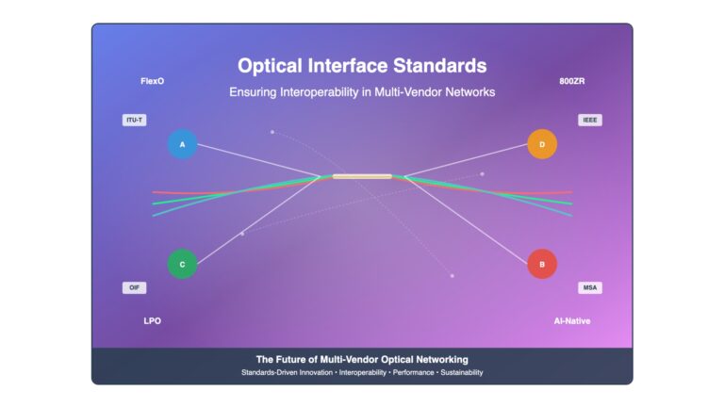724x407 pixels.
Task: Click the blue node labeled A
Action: pos(182,144)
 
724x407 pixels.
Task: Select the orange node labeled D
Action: pos(542,144)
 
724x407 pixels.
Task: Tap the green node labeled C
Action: pos(182,265)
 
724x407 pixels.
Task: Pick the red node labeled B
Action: pos(542,265)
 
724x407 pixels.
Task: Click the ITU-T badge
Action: pos(135,120)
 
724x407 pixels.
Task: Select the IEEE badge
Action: pos(590,120)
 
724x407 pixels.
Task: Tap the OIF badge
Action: pos(135,288)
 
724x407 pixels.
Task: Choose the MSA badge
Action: pos(590,288)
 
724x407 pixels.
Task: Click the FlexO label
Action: pos(153,81)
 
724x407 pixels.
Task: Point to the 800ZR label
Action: pos(572,81)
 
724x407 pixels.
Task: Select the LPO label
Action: pos(153,321)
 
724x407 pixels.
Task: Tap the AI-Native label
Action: pos(572,321)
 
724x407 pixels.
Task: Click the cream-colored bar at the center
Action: pos(362,176)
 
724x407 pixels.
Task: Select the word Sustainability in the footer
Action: pos(462,372)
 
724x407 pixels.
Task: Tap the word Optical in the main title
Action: pos(271,66)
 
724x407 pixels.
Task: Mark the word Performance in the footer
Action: pos(413,372)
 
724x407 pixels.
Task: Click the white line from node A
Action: pos(258,160)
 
